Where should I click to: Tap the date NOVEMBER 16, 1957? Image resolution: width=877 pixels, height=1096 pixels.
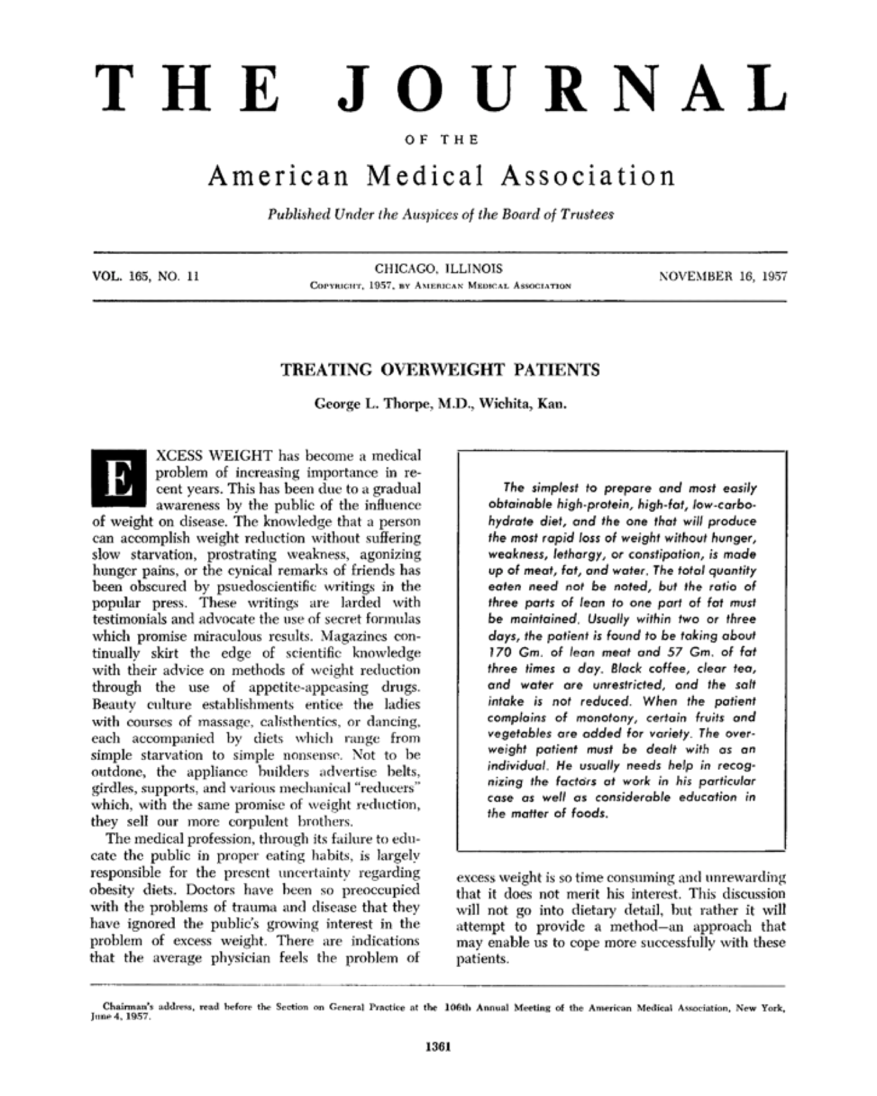(x=723, y=276)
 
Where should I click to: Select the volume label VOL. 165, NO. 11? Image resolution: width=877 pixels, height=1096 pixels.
(x=146, y=276)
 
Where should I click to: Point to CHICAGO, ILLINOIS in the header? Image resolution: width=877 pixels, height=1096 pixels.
(x=438, y=268)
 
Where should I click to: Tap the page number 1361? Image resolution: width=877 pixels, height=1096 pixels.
(x=438, y=1047)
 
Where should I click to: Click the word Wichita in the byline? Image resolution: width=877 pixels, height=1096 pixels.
(x=504, y=403)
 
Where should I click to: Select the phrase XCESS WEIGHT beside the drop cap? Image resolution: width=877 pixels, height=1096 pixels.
(x=214, y=455)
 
